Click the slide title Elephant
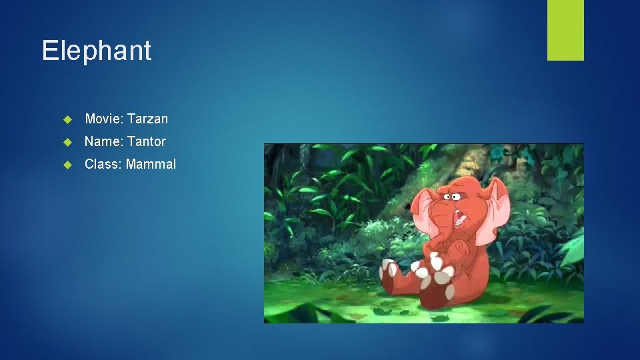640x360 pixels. point(97,51)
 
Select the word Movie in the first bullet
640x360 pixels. point(102,119)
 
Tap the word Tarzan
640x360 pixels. point(147,119)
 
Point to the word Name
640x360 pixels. point(102,141)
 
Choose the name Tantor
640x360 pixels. point(146,141)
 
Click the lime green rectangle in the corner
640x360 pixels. point(565,30)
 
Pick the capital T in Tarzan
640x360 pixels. point(131,119)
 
